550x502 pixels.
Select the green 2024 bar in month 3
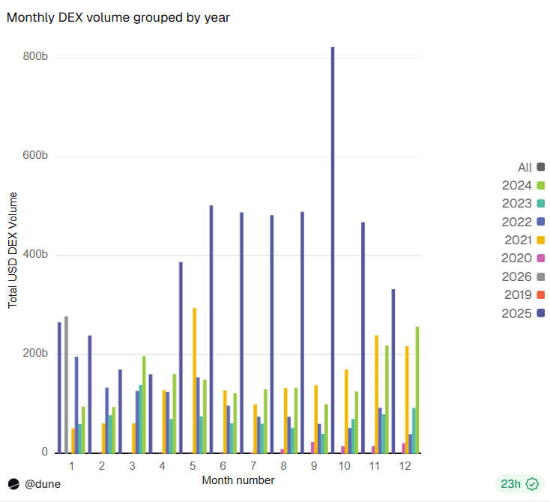(144, 405)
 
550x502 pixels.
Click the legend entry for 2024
(523, 186)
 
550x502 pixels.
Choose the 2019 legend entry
(523, 294)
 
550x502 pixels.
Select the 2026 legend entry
(523, 276)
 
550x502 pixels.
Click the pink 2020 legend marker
(541, 258)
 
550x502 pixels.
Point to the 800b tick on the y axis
(36, 57)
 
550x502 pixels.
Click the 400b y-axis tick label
(36, 255)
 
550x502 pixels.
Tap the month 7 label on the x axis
(253, 466)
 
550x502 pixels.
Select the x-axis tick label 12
(405, 466)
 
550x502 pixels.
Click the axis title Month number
(238, 480)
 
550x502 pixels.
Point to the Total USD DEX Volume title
(13, 250)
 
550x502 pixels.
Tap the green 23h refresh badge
(518, 484)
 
